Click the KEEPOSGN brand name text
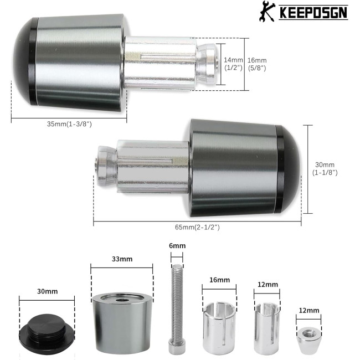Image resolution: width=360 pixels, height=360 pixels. coord(313,13)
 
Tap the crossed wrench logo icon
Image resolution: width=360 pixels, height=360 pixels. coord(267,11)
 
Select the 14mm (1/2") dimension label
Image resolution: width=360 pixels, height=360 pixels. coord(233,64)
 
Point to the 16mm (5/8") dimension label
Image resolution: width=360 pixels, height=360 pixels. coord(257,64)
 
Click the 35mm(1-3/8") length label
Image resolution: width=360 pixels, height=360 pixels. coord(69,124)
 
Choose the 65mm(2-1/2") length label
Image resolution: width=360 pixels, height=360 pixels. coord(197,227)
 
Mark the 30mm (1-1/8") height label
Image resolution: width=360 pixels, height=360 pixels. coord(325,168)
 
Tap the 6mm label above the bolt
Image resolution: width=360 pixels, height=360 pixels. coord(177,246)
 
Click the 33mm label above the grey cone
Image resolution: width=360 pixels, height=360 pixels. coord(122,259)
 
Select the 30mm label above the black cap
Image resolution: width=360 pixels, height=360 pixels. coord(47,291)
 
